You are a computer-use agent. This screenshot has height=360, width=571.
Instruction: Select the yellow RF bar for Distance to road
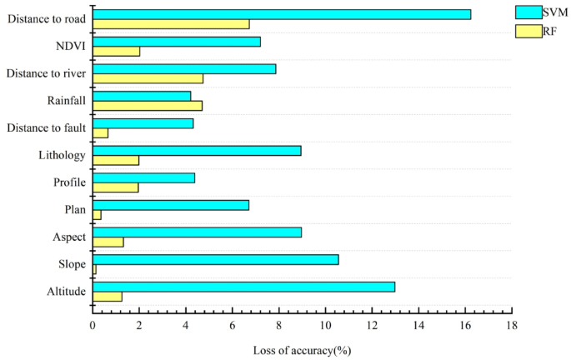tap(171, 24)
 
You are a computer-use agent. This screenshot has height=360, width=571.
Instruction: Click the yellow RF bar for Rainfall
tap(148, 106)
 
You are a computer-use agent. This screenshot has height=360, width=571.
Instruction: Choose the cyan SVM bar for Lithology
tap(197, 151)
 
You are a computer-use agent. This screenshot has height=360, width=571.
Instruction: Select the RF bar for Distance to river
tap(148, 78)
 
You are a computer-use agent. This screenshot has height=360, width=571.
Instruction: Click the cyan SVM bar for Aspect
tap(197, 232)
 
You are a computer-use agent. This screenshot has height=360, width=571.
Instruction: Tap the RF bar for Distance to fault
tap(100, 132)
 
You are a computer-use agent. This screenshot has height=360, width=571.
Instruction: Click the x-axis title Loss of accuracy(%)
tap(302, 350)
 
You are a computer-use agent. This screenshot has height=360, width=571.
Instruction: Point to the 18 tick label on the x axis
tap(511, 327)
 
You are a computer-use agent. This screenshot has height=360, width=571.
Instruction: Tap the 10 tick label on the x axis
tap(325, 327)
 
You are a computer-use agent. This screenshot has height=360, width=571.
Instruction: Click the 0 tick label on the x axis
tap(93, 327)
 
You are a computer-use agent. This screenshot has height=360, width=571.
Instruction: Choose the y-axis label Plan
tap(74, 209)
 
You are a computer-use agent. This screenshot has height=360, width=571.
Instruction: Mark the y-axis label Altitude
tap(64, 292)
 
